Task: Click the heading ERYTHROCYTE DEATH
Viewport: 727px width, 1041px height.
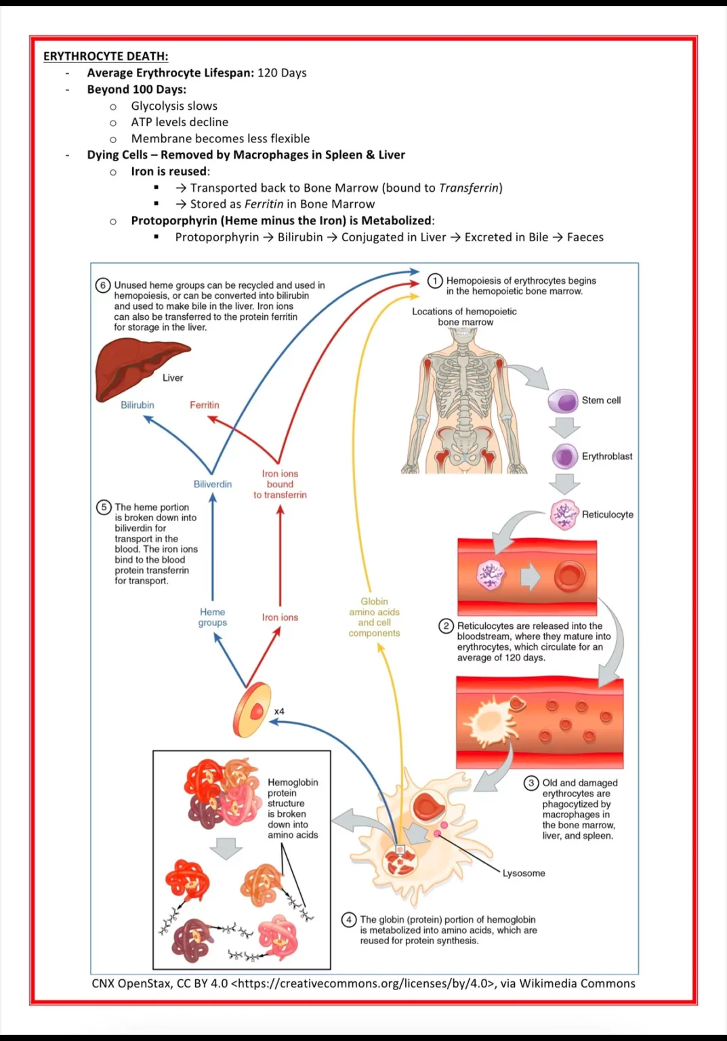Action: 106,56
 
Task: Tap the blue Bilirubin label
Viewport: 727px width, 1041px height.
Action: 138,405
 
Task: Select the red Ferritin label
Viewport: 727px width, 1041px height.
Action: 205,405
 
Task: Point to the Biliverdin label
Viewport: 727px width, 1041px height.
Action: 213,485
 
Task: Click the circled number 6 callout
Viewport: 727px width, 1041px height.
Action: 103,285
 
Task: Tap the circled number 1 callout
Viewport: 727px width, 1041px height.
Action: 435,281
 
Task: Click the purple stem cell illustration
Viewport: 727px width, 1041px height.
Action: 562,401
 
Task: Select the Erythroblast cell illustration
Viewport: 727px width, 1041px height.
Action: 564,457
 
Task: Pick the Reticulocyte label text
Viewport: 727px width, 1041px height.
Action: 607,515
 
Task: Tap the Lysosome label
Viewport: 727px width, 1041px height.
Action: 524,874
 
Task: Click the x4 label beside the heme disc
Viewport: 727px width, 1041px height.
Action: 279,712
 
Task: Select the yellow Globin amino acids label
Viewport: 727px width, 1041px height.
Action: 374,617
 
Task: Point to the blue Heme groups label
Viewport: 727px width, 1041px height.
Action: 213,617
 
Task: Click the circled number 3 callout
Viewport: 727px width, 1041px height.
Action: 531,783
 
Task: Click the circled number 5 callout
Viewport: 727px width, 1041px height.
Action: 104,507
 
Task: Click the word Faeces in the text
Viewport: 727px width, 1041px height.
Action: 585,237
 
